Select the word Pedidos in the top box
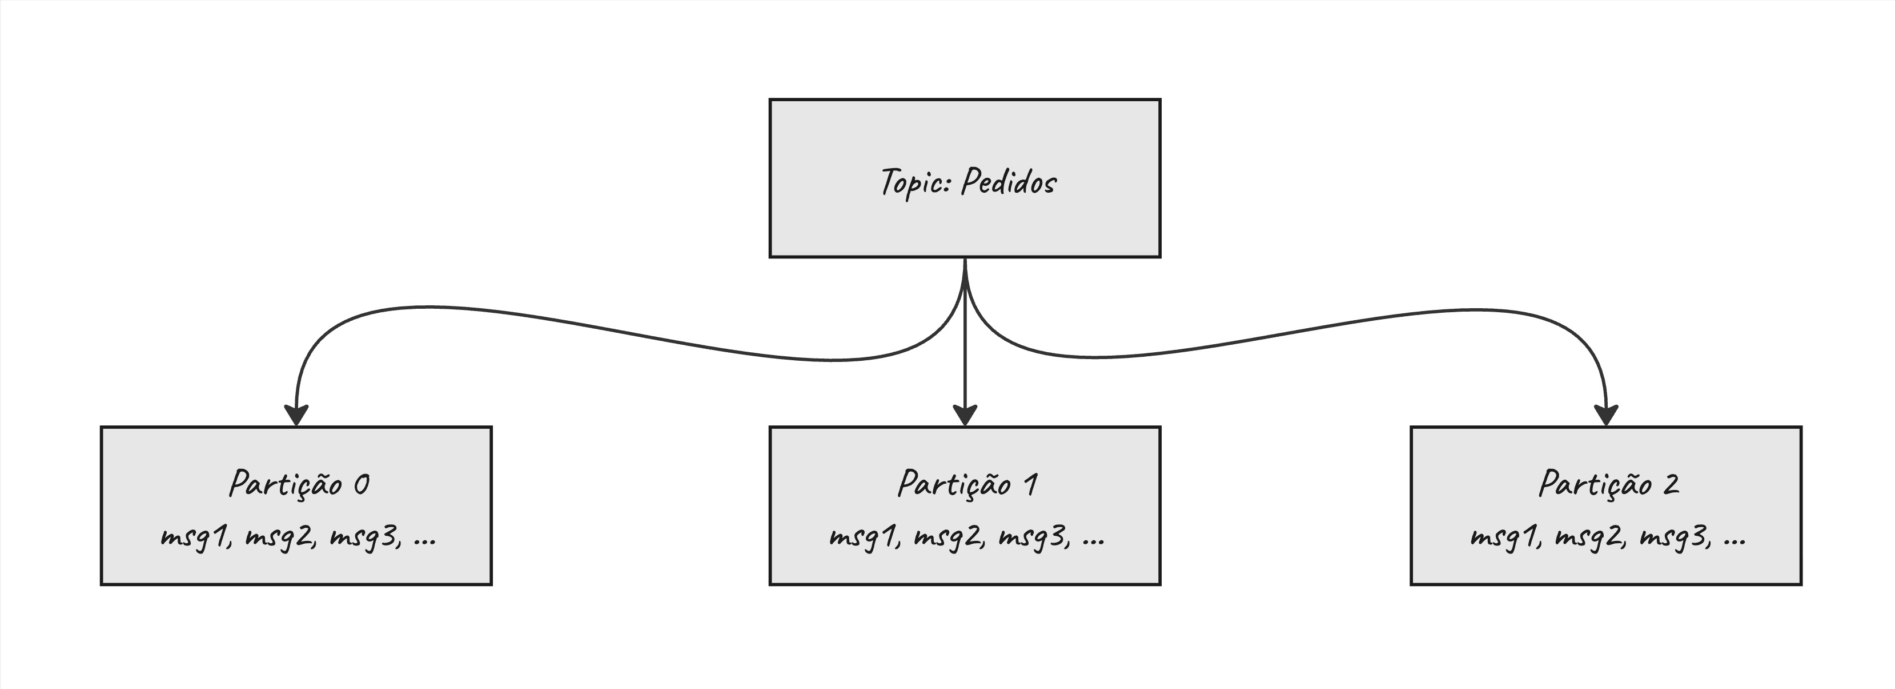pos(1009,181)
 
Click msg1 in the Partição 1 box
pos(864,538)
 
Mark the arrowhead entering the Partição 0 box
pos(296,416)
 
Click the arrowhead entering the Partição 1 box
pos(965,416)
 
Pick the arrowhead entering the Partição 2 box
pos(1606,416)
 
